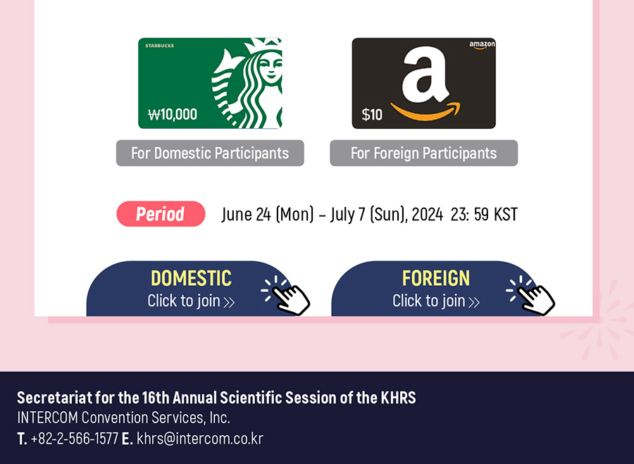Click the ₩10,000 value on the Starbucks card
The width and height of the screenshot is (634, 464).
click(x=173, y=114)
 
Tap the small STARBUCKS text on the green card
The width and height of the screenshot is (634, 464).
click(x=160, y=46)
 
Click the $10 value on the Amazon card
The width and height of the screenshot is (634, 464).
click(x=372, y=114)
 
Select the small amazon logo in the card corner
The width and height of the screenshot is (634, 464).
click(x=482, y=45)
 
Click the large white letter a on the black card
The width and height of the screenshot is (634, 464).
click(x=425, y=74)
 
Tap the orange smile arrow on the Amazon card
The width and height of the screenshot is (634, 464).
click(x=425, y=111)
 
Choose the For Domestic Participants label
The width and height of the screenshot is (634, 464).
click(x=210, y=153)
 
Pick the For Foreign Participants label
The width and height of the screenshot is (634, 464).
click(x=424, y=153)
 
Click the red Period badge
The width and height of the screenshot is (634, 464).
click(x=161, y=214)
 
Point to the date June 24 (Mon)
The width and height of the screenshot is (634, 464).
click(x=267, y=214)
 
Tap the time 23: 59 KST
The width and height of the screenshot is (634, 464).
click(x=484, y=214)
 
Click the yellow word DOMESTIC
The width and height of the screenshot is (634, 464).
click(x=191, y=279)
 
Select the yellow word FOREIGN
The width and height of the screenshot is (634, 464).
click(x=436, y=279)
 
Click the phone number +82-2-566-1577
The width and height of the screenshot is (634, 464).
click(x=75, y=439)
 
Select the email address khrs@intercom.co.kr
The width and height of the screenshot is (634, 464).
click(x=200, y=439)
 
